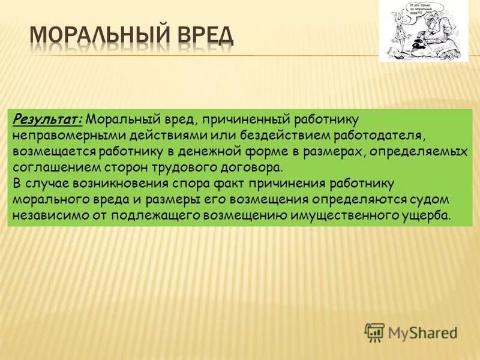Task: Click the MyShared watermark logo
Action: [x=412, y=332]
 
